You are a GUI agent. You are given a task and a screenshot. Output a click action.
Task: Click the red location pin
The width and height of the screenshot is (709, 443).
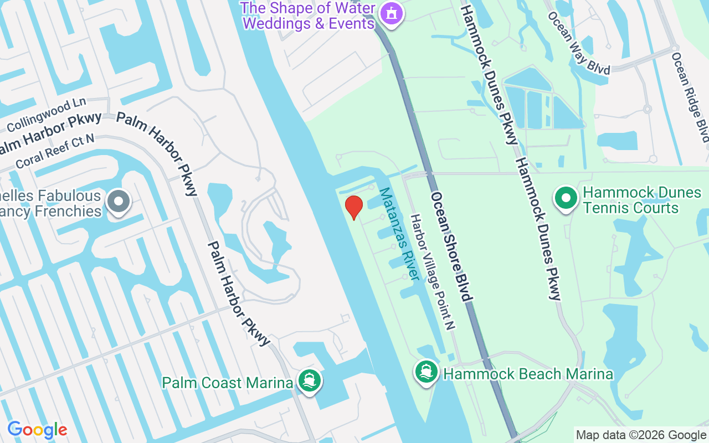tap(353, 207)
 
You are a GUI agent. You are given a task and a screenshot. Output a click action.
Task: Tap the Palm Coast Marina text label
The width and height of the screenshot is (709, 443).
tap(227, 383)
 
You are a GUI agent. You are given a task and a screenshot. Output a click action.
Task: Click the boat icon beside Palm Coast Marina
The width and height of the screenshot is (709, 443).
tap(309, 381)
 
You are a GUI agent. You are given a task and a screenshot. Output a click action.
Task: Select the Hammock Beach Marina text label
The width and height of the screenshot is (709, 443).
tap(528, 374)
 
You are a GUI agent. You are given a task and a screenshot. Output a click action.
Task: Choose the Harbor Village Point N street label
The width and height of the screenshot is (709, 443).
tap(432, 272)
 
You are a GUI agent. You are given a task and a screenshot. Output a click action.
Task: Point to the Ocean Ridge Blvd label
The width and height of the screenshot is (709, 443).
tap(690, 96)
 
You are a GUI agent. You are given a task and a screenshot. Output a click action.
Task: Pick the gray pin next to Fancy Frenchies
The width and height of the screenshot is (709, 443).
tap(119, 202)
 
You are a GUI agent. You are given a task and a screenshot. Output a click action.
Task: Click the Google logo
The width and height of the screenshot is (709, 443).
tap(37, 430)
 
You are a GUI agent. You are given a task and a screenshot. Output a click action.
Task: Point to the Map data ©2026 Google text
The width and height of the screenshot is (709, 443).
tap(641, 435)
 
